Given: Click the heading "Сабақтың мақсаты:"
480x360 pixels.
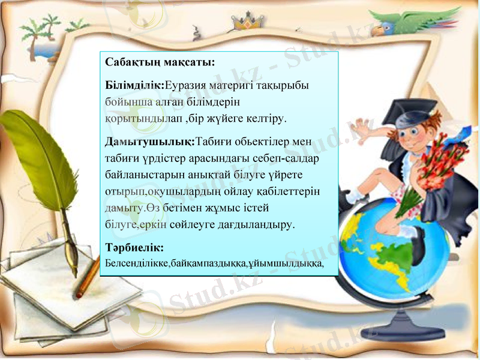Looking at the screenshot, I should (x=160, y=62).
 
